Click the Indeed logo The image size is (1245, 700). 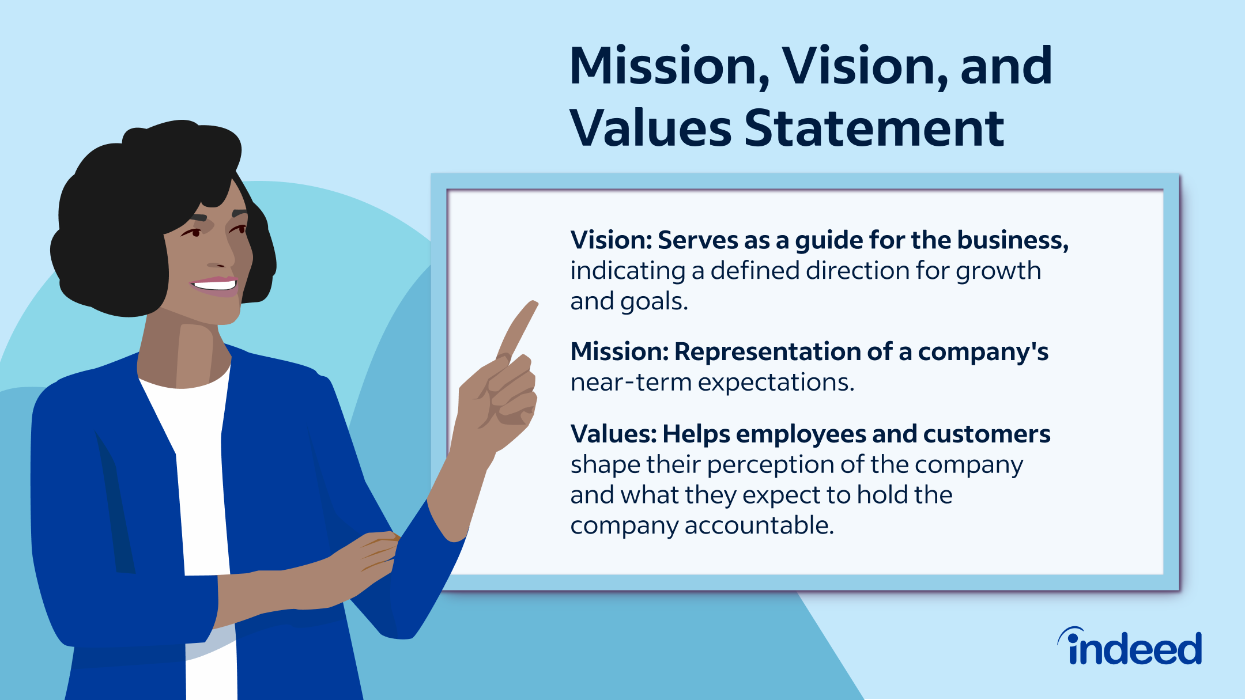(x=1130, y=646)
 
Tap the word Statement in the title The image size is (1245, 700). (x=874, y=128)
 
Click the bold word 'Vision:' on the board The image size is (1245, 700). (x=611, y=240)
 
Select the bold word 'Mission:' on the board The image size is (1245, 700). (x=620, y=351)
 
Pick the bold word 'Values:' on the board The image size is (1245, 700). (x=613, y=434)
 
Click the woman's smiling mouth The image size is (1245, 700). (x=214, y=285)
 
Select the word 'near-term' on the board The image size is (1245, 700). (x=631, y=383)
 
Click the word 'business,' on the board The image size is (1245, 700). (x=1013, y=240)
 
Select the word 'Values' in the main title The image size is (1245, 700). (x=651, y=128)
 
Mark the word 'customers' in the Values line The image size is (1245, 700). (x=987, y=434)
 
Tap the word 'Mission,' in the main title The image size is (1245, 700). (x=669, y=67)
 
